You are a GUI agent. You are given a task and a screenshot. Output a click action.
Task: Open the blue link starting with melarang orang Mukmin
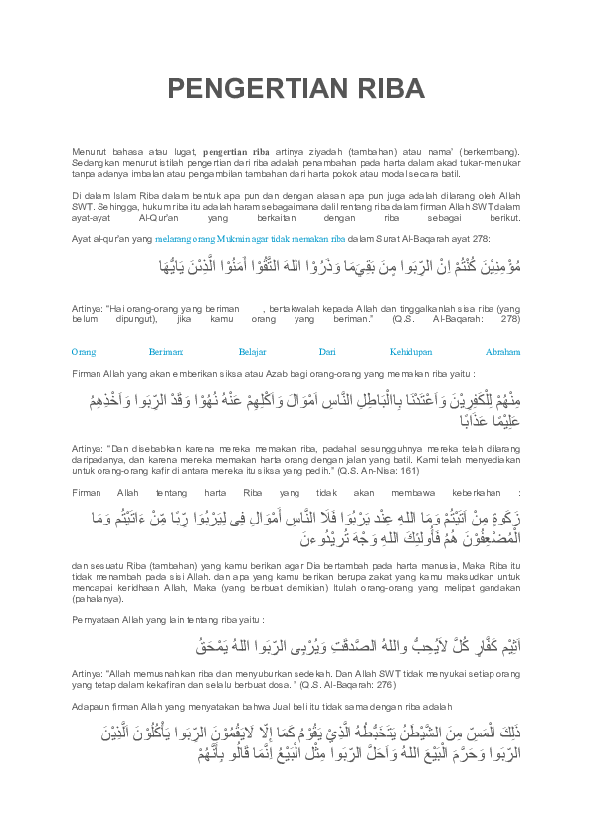(237, 240)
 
